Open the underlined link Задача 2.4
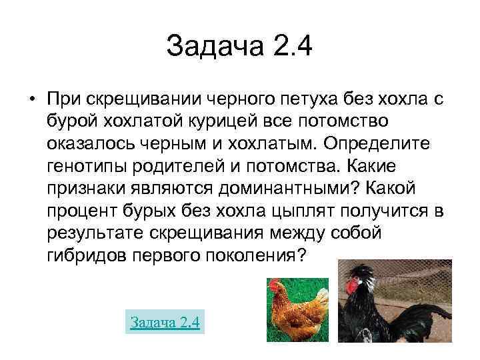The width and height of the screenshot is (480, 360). click(x=165, y=322)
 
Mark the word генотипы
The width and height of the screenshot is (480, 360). click(x=86, y=166)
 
